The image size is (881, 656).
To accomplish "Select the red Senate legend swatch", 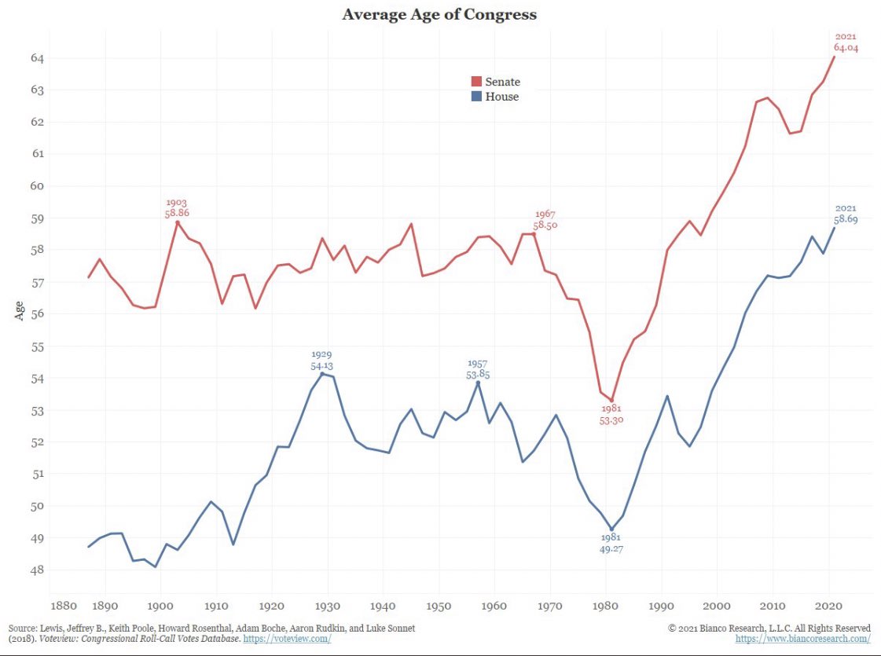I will point(475,82).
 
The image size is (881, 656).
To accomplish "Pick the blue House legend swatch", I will point(475,97).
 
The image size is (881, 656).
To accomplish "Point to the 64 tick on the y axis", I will point(37,58).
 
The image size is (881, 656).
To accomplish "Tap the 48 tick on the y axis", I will point(37,570).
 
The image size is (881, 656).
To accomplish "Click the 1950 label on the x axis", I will point(439,606).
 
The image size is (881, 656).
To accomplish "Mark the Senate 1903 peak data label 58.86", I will point(177,213).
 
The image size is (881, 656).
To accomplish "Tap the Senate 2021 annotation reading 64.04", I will point(846,47).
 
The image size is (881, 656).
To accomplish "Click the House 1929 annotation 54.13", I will point(321,366).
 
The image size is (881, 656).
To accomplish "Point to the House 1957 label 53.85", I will point(478,375).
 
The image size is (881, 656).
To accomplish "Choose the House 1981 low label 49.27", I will point(611,550).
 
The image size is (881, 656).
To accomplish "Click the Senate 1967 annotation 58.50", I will point(545,225).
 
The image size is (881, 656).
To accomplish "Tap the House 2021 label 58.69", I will point(845,220).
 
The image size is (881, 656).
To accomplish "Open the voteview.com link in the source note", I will point(287,639).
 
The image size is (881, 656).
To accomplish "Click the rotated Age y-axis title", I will point(19,311).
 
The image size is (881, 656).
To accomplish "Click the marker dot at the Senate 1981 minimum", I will point(611,401).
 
